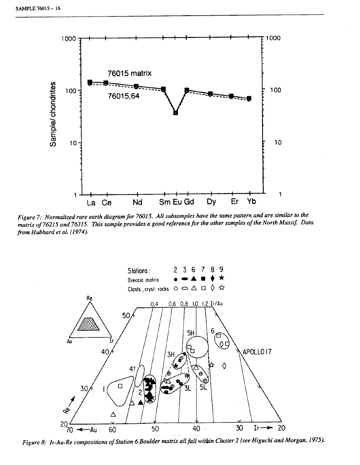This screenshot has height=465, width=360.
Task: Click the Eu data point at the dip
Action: tap(175, 113)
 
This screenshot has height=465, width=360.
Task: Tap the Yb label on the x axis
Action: tap(251, 203)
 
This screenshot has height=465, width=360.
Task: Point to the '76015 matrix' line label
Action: tap(130, 74)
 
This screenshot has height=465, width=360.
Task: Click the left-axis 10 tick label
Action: tap(73, 143)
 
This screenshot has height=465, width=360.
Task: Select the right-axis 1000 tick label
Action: tap(273, 38)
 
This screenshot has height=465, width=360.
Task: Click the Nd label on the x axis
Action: tap(137, 203)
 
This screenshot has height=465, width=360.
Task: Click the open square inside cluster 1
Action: tap(120, 386)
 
